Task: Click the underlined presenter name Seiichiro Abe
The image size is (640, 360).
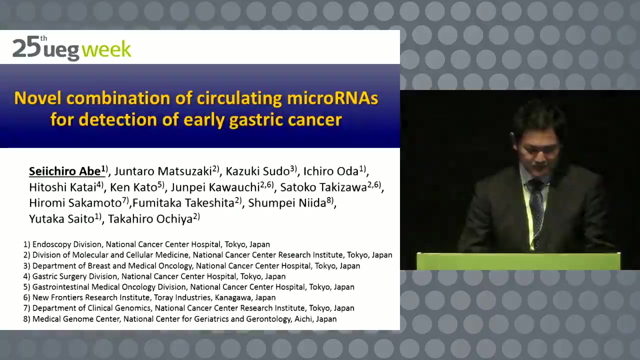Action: (x=65, y=171)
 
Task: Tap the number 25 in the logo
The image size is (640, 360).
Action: (x=26, y=47)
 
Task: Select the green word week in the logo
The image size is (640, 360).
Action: (x=106, y=49)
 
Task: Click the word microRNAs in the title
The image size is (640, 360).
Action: (x=332, y=98)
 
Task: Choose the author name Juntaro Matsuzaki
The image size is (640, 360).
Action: (x=163, y=171)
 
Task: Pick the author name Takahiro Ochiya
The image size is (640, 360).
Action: (x=150, y=219)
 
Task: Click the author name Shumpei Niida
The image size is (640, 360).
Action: (x=287, y=203)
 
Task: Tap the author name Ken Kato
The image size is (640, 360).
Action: (x=133, y=187)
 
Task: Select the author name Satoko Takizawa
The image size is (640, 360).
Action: (x=323, y=187)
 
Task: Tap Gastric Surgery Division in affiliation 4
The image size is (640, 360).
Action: (x=75, y=276)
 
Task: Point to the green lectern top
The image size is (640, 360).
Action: (x=518, y=261)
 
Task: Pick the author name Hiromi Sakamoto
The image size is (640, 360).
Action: (x=75, y=203)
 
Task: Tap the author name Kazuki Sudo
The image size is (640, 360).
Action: (x=257, y=171)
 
